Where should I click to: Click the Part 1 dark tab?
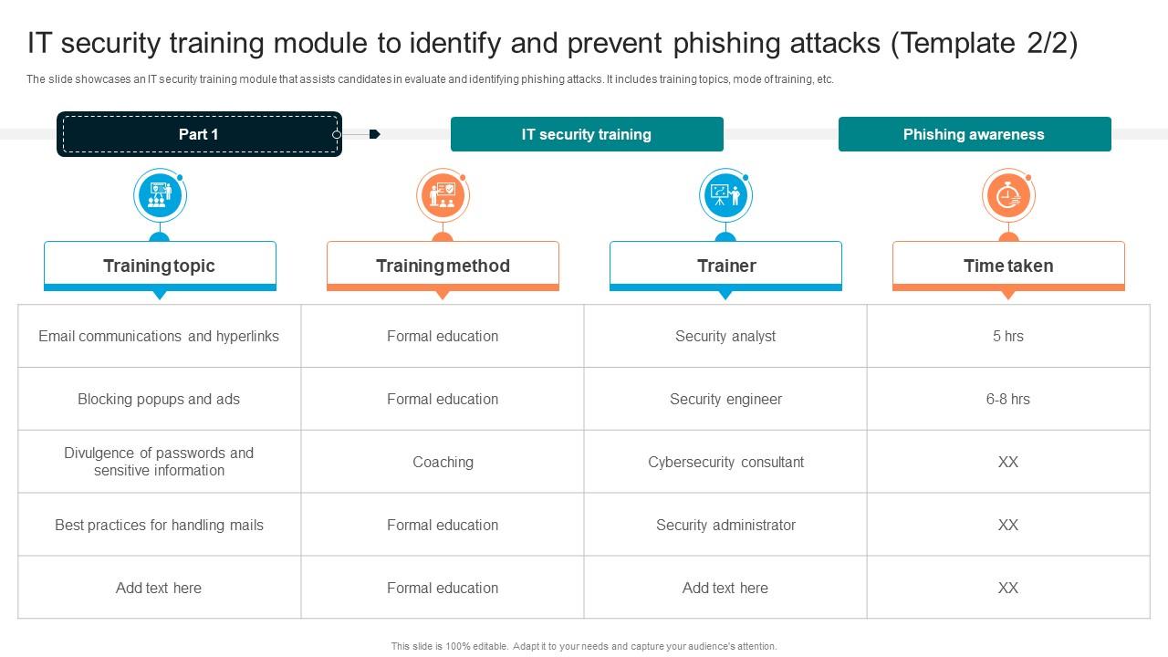[x=199, y=134]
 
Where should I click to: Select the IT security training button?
[x=587, y=134]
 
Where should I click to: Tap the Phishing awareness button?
[x=974, y=134]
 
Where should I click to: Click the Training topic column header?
[x=160, y=266]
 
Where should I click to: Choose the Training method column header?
[x=443, y=266]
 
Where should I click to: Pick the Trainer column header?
[x=725, y=266]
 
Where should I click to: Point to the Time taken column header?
[x=1008, y=266]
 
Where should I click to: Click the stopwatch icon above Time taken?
[x=1007, y=195]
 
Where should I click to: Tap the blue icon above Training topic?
[x=160, y=195]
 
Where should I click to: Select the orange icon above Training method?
[x=443, y=195]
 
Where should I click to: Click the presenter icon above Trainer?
[x=725, y=195]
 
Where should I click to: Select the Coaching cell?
[x=443, y=462]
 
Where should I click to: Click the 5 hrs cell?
[x=1008, y=336]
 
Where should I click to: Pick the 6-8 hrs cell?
[x=1008, y=399]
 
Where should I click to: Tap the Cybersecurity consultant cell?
[x=725, y=462]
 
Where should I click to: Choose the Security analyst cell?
[x=725, y=336]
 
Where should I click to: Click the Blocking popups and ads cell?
[x=159, y=399]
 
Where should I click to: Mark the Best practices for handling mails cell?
[x=159, y=525]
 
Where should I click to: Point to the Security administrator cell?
[x=725, y=525]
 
